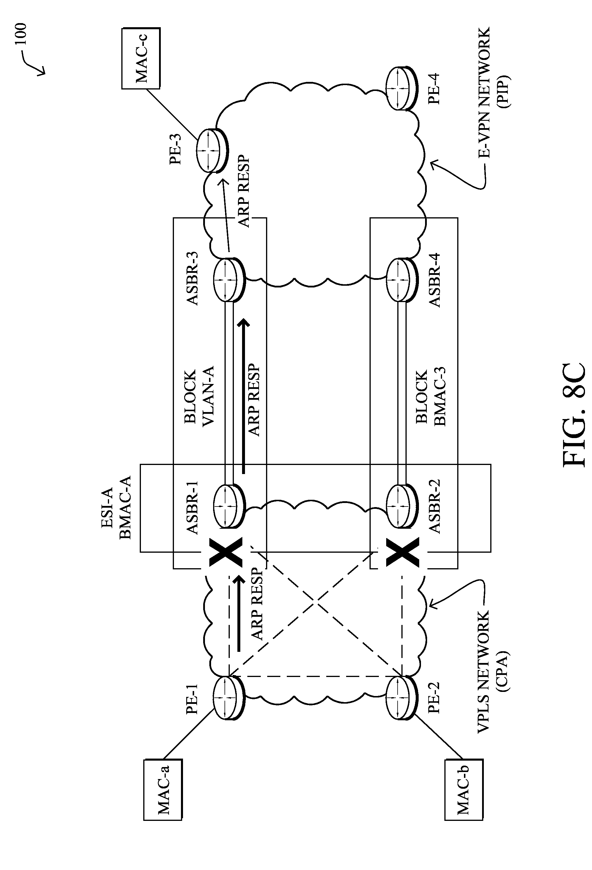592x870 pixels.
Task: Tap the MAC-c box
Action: pos(141,58)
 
